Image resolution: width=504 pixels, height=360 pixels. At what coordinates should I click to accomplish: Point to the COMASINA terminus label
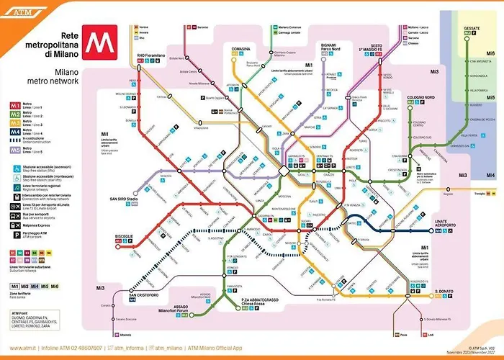pos(240,49)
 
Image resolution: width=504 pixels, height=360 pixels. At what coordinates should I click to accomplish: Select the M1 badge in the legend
pos(14,106)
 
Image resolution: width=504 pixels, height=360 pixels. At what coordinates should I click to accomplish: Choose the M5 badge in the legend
pos(14,150)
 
